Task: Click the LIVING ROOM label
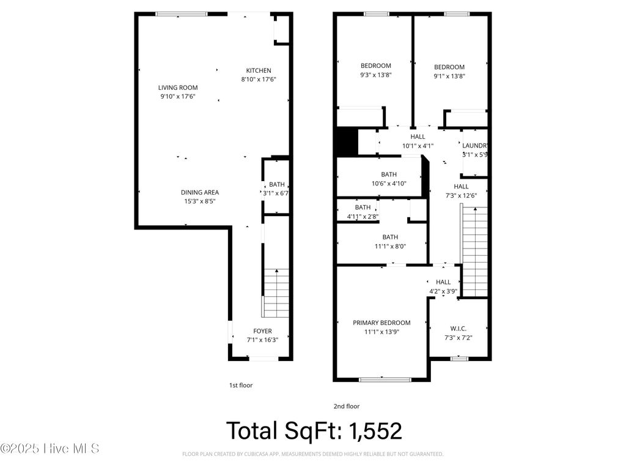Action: (x=178, y=88)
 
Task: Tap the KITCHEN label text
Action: (x=259, y=70)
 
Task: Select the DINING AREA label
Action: (x=199, y=192)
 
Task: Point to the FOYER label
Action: (x=263, y=331)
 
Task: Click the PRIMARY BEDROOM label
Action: (x=381, y=323)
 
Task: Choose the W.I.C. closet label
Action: (x=458, y=329)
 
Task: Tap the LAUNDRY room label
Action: (x=475, y=146)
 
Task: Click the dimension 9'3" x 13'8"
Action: (x=375, y=75)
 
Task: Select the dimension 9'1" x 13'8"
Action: (x=449, y=76)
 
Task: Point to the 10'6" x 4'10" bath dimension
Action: (x=389, y=184)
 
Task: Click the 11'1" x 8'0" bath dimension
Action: (x=389, y=246)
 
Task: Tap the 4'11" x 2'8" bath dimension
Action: (x=363, y=216)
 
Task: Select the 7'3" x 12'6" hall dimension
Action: (x=461, y=196)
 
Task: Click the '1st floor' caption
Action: (x=241, y=386)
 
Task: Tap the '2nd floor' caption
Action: (x=346, y=406)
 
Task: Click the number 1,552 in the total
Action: (x=375, y=431)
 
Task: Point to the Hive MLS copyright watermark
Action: (x=50, y=449)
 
